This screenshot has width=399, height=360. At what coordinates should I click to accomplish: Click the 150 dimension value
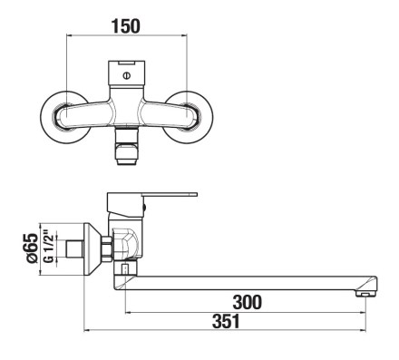click(x=126, y=26)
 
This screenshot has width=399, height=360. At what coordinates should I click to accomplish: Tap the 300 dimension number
click(x=247, y=302)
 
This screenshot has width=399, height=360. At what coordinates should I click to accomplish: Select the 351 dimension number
click(x=226, y=321)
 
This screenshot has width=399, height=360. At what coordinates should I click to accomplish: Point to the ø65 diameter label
click(x=33, y=248)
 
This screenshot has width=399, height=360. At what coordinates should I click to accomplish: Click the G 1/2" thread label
click(x=49, y=247)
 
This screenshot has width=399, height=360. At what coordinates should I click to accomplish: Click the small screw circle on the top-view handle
click(x=127, y=76)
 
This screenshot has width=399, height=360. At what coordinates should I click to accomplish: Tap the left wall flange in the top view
click(x=66, y=117)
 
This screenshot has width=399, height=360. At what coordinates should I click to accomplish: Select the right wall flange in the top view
click(x=188, y=117)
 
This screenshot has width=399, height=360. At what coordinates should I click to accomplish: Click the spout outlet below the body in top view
click(x=127, y=146)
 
